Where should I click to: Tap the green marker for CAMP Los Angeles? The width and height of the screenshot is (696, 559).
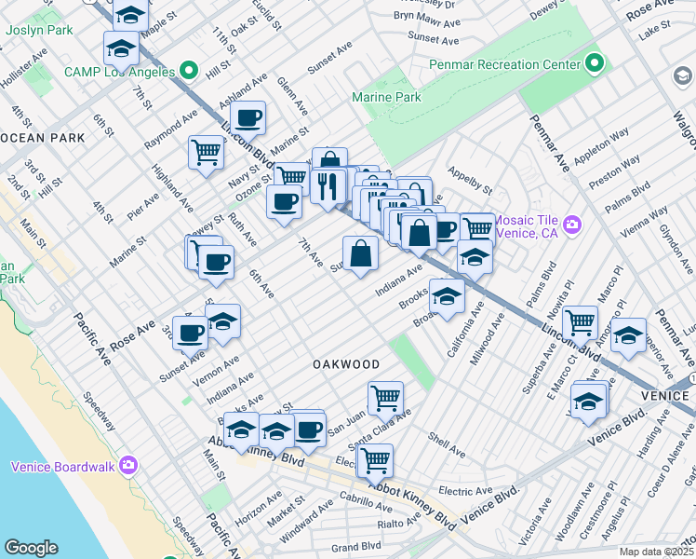[190, 69]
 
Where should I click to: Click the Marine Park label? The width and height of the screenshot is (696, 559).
[386, 97]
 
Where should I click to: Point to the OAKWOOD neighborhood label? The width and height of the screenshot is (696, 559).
[345, 363]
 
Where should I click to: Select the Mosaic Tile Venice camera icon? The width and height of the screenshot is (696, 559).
[572, 225]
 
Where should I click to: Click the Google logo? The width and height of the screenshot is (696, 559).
[31, 548]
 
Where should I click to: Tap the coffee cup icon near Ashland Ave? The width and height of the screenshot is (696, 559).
[248, 117]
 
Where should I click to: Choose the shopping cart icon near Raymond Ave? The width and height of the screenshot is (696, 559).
[206, 151]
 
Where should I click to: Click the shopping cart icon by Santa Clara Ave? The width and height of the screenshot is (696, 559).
[384, 398]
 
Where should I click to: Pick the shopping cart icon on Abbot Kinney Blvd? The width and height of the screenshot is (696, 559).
[374, 459]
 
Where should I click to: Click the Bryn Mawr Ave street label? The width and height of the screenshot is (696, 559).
[426, 16]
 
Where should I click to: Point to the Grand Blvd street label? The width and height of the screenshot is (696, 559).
[356, 546]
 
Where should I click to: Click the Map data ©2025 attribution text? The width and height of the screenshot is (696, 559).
[656, 552]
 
